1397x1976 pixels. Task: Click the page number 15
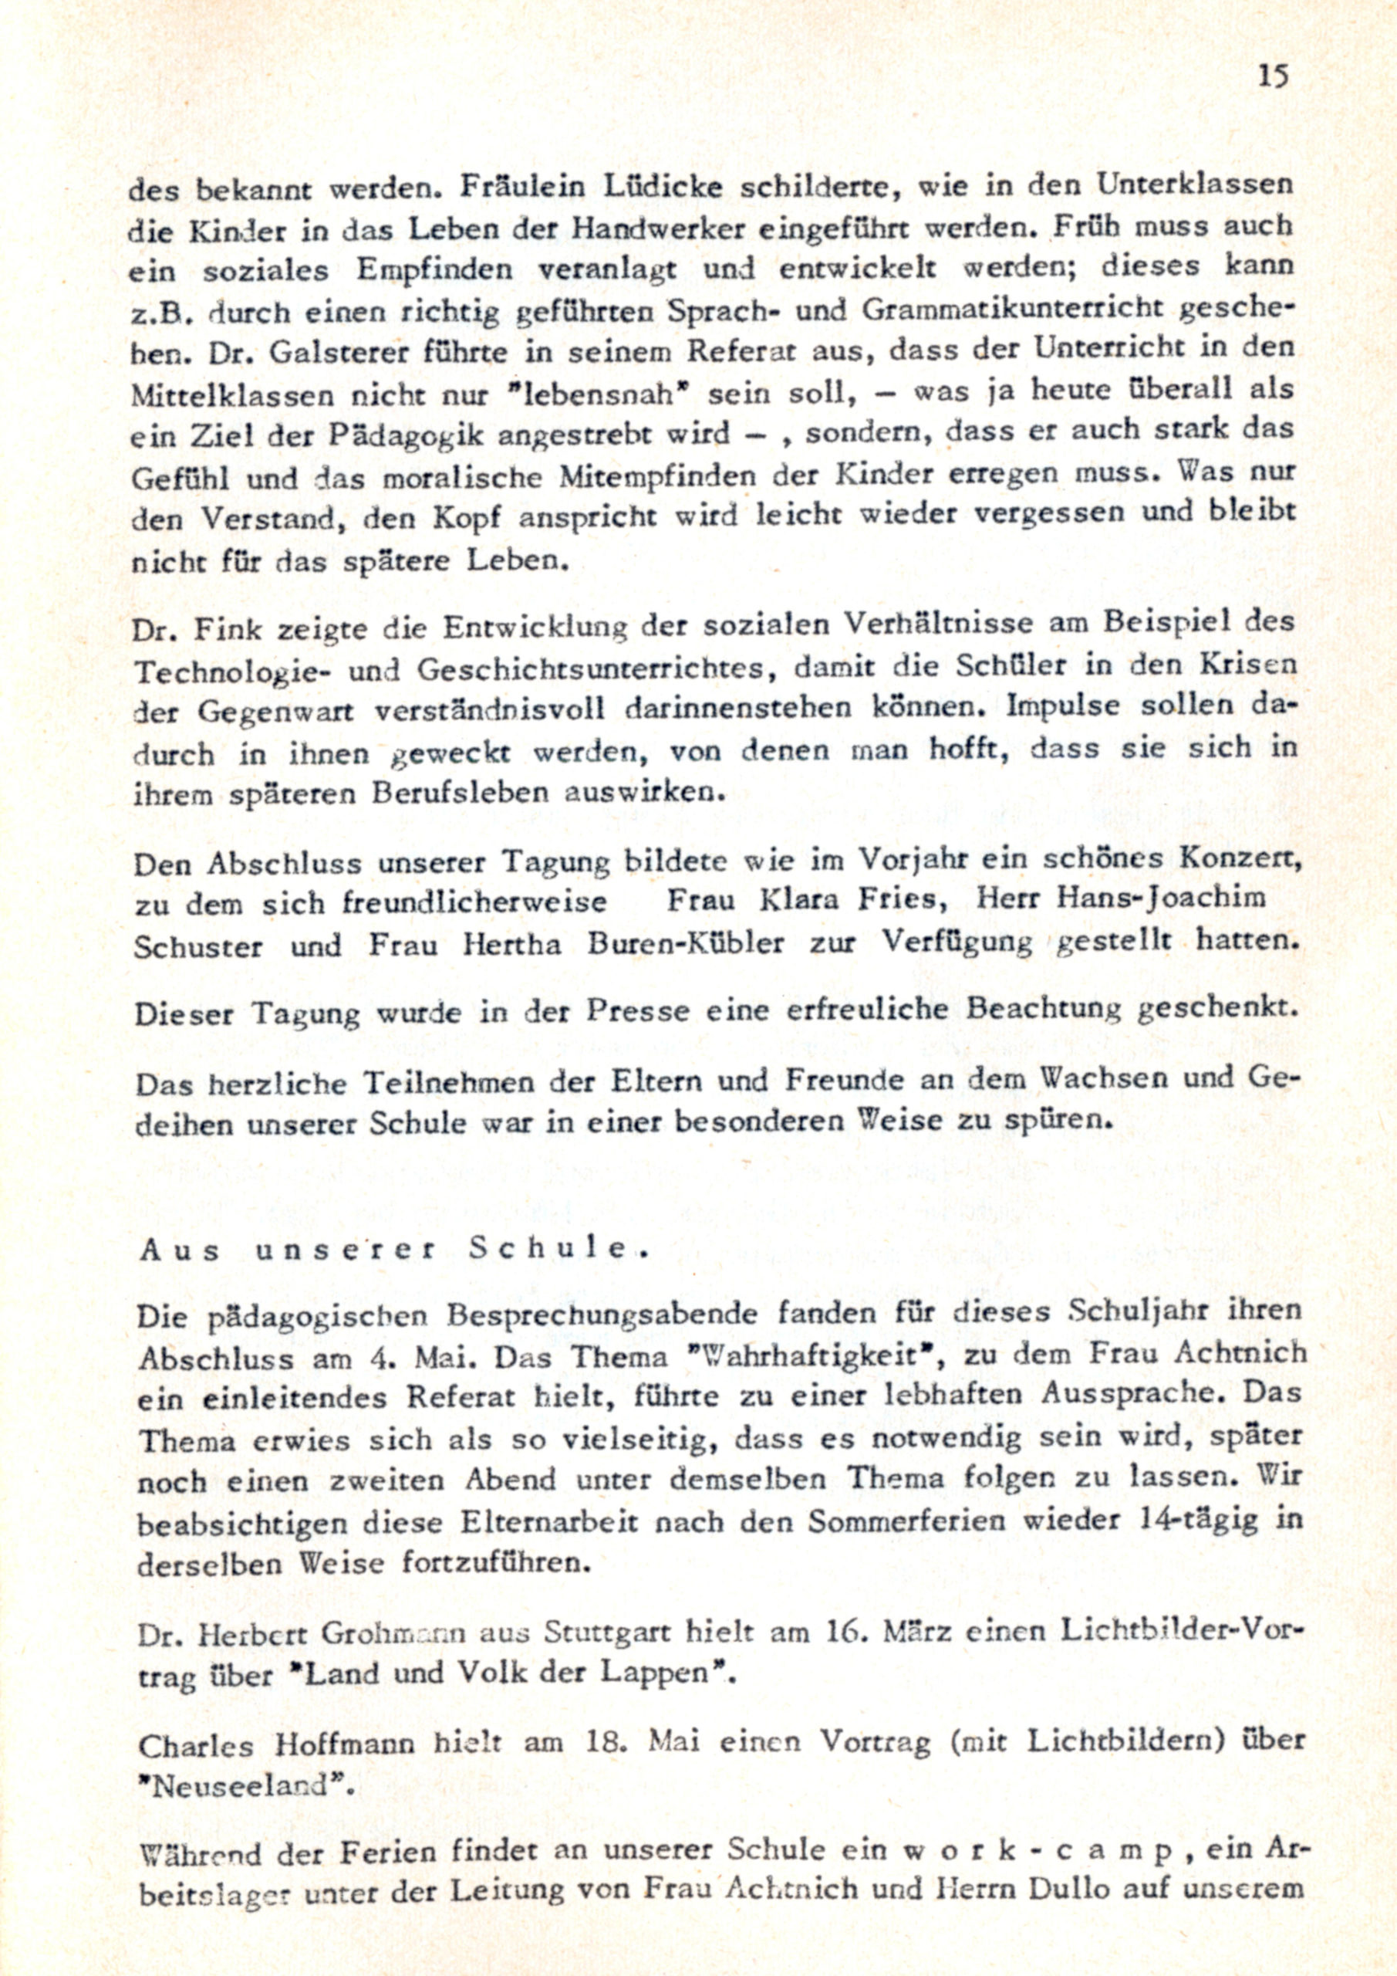coord(1273,76)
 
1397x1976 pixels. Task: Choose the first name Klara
coord(804,901)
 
